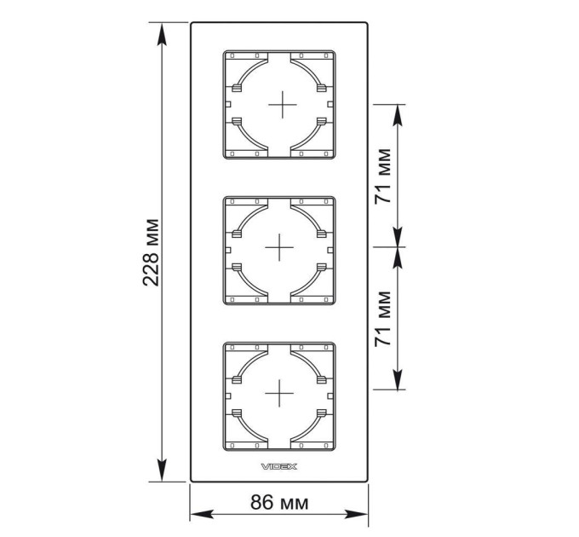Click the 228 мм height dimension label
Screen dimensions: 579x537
151,252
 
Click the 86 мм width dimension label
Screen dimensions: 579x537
279,502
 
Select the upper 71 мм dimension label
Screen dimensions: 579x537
383,176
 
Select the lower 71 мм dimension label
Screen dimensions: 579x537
383,319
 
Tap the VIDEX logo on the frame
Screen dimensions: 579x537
279,467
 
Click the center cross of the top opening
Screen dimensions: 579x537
283,105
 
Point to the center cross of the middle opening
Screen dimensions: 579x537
279,247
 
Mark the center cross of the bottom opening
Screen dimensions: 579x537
279,393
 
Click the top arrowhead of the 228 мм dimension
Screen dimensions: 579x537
162,34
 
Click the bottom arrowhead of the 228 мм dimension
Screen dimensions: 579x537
162,471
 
